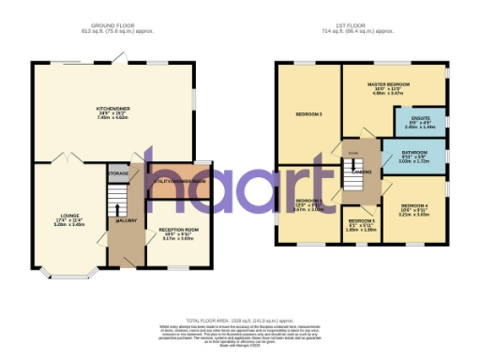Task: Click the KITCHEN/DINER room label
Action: (112, 109)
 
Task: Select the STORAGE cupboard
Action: (118, 174)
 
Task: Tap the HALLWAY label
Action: (127, 220)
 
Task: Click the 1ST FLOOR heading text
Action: (360, 24)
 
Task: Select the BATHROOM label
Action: (414, 152)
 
